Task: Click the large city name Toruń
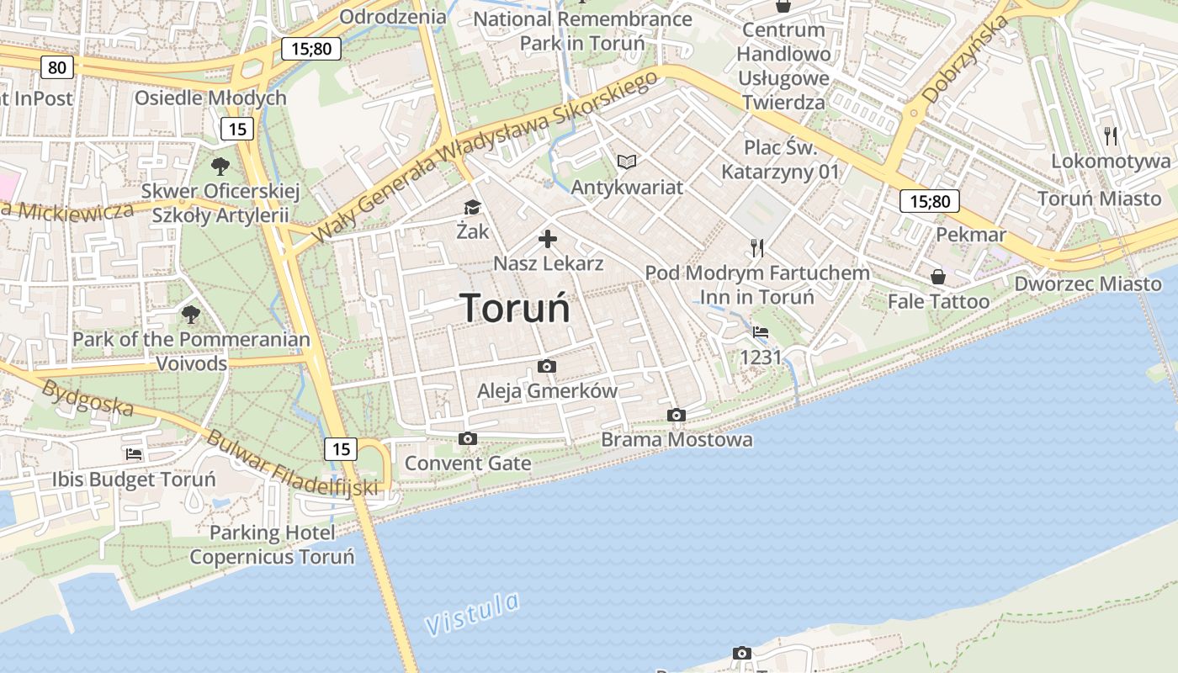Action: [x=515, y=308]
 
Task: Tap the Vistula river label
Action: [x=472, y=614]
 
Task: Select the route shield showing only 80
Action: [x=56, y=67]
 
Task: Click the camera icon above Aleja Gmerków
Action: [x=547, y=366]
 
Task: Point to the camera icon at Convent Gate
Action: [x=468, y=438]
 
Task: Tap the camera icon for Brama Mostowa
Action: [x=676, y=415]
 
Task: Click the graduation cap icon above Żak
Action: [x=472, y=207]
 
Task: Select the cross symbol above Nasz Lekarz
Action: [x=548, y=239]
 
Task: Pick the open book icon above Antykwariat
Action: [x=627, y=162]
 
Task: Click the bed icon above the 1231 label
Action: [x=761, y=332]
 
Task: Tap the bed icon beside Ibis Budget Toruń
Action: [x=134, y=454]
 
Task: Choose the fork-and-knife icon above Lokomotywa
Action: [x=1111, y=135]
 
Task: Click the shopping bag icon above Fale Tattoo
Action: [x=938, y=276]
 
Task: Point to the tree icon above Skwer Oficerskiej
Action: [x=220, y=166]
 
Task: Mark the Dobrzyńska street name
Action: [x=965, y=61]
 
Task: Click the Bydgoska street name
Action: [x=88, y=398]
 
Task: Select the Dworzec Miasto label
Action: [x=1087, y=284]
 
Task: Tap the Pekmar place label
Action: [x=971, y=234]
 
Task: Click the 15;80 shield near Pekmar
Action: [x=930, y=201]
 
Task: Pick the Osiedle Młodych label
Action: [x=211, y=98]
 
